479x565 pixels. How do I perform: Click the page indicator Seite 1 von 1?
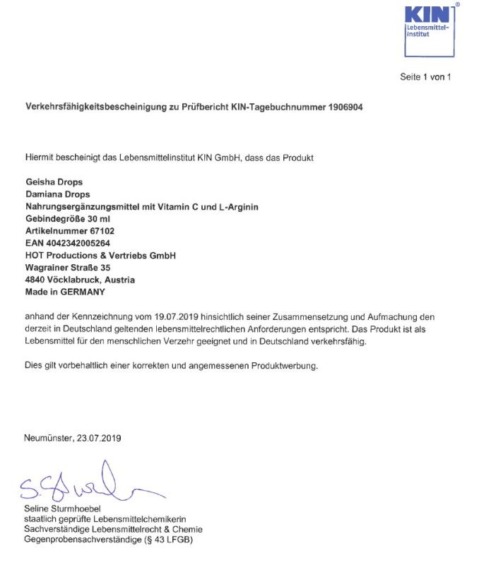coord(425,77)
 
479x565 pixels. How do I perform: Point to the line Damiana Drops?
coord(57,194)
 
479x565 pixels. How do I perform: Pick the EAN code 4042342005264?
coord(77,243)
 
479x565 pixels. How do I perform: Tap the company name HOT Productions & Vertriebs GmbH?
coord(100,255)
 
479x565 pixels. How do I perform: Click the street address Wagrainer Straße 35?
coord(67,268)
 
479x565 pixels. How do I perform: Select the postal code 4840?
coord(35,280)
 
